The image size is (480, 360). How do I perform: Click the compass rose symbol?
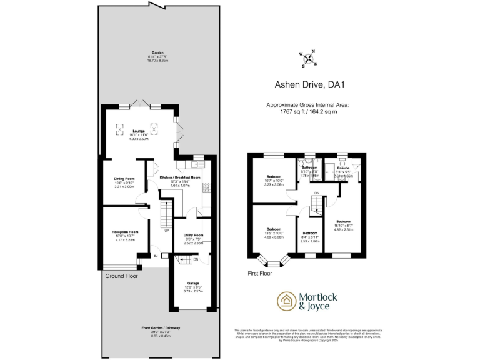[x=308, y=59]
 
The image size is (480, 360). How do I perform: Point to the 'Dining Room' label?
[x=124, y=178]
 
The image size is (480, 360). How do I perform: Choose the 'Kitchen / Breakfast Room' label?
[x=179, y=177]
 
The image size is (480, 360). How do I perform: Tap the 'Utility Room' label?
[x=193, y=235]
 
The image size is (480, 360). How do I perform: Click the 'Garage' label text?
[x=193, y=283]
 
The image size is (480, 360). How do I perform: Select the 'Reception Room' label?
[x=124, y=231]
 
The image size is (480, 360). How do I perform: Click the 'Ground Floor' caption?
[x=121, y=276]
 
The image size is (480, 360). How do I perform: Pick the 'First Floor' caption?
[x=262, y=273]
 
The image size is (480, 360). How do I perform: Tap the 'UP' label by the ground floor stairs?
[x=166, y=231]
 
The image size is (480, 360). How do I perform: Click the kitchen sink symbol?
[x=197, y=165]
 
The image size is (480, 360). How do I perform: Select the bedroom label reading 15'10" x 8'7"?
[x=344, y=222]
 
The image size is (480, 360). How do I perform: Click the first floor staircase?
[x=316, y=202]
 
